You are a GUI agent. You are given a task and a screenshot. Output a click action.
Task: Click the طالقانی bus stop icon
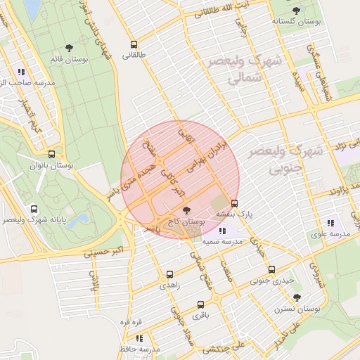point(134,45)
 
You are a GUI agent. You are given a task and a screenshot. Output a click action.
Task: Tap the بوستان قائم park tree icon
point(69,48)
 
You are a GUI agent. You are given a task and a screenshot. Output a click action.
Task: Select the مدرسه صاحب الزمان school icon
point(22,72)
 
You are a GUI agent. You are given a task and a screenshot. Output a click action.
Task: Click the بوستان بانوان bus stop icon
point(51,155)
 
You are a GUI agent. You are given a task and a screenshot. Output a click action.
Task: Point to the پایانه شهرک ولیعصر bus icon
point(34,209)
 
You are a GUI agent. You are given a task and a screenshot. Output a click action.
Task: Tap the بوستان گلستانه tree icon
point(295,11)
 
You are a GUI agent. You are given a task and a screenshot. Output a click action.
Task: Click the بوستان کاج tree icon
point(186,210)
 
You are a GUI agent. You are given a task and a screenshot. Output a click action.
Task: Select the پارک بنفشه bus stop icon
point(234,204)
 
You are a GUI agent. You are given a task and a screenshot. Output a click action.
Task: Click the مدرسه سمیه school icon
point(222,231)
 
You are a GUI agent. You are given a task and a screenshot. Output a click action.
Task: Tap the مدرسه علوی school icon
point(330,223)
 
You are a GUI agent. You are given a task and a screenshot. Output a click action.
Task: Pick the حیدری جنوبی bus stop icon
point(271,269)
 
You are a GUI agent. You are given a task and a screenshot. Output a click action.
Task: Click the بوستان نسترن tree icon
point(297,297)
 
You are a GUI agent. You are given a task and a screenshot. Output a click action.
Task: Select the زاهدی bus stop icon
point(169,275)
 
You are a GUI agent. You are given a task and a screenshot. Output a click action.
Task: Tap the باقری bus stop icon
point(201,305)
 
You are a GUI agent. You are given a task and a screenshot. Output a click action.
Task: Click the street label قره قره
point(131,322)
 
